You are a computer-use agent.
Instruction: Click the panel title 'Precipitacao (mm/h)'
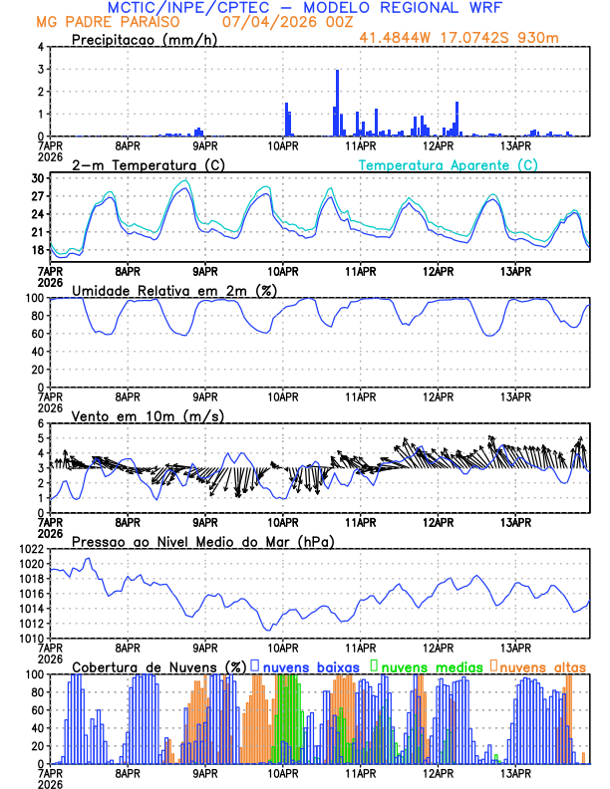pyautogui.click(x=142, y=40)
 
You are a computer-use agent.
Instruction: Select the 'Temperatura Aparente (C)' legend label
pyautogui.click(x=449, y=164)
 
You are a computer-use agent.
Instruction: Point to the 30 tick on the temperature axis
pyautogui.click(x=38, y=178)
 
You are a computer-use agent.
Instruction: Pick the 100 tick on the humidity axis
pyautogui.click(x=34, y=298)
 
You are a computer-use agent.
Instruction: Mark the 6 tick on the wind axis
pyautogui.click(x=41, y=423)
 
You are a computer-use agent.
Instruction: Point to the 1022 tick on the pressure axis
pyautogui.click(x=31, y=549)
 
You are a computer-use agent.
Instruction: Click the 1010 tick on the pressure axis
pyautogui.click(x=31, y=638)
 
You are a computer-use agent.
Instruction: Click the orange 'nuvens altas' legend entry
pyautogui.click(x=540, y=666)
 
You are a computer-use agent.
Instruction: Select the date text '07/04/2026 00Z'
pyautogui.click(x=280, y=21)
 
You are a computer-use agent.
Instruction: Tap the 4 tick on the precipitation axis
pyautogui.click(x=41, y=47)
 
